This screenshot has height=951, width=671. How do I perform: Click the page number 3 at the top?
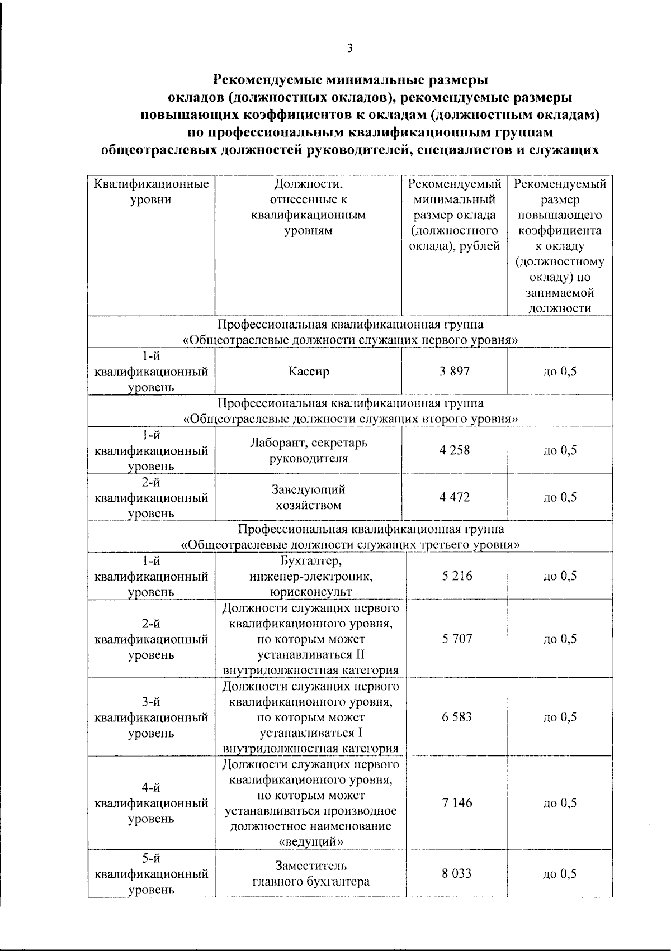[x=349, y=49]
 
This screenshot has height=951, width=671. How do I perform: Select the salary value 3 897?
[x=455, y=371]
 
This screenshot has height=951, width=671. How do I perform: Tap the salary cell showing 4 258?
[x=455, y=450]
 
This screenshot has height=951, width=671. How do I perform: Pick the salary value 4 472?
[x=455, y=497]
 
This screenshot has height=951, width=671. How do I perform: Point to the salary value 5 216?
[x=457, y=576]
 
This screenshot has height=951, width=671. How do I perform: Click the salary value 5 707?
[x=457, y=639]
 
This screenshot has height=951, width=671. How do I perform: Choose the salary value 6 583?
[x=457, y=717]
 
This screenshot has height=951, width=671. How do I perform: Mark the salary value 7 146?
[x=457, y=803]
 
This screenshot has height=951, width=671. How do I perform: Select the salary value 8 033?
[x=457, y=874]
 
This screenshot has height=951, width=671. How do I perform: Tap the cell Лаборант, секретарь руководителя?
[x=308, y=450]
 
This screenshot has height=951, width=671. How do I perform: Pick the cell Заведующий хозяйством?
[x=308, y=497]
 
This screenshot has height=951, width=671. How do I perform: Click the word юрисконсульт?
[x=308, y=592]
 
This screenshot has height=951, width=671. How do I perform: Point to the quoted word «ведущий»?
[x=310, y=841]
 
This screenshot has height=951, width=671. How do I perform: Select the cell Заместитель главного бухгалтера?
[x=311, y=874]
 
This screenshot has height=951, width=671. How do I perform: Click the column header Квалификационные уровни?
[x=152, y=192]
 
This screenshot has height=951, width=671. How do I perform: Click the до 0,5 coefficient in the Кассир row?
[x=560, y=372]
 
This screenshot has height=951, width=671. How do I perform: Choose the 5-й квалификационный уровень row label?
[x=152, y=874]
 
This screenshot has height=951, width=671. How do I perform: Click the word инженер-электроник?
[x=310, y=576]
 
